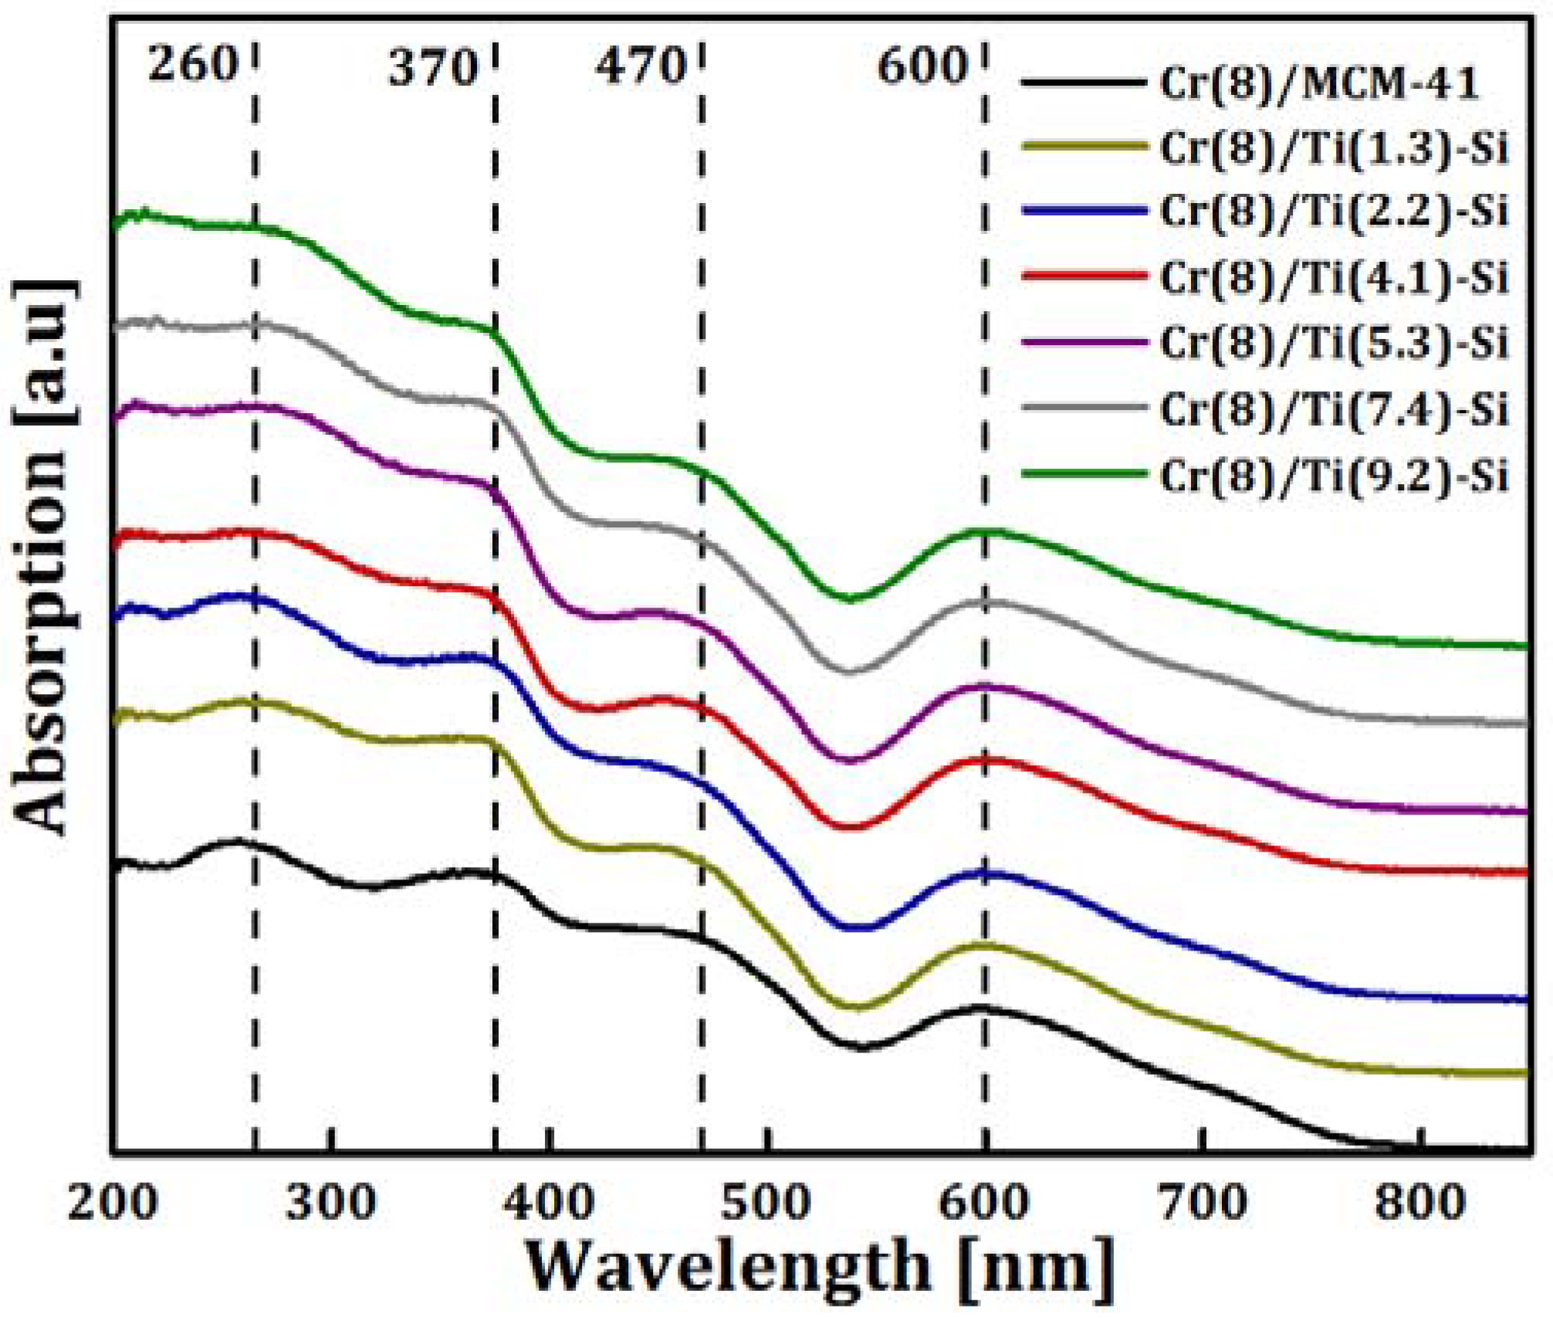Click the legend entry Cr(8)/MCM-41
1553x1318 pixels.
pos(1318,83)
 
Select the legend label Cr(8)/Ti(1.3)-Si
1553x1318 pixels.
pos(1334,147)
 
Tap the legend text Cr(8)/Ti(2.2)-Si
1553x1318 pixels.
pos(1334,212)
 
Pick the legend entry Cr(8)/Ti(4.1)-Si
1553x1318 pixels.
pos(1334,277)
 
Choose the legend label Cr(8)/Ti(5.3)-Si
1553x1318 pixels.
pos(1334,342)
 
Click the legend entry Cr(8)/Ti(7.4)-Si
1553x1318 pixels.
pos(1334,408)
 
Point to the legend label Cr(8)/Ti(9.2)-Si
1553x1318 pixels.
pos(1334,475)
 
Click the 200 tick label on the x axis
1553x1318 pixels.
pos(113,1202)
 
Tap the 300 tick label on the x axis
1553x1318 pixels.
pos(330,1202)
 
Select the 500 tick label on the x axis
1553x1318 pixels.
pos(766,1202)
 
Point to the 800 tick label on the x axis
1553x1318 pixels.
pos(1419,1202)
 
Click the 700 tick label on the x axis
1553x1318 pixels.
pos(1202,1202)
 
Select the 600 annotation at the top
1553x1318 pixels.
pos(922,66)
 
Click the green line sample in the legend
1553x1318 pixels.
pos(1084,473)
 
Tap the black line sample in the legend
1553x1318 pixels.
pos(1084,81)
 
